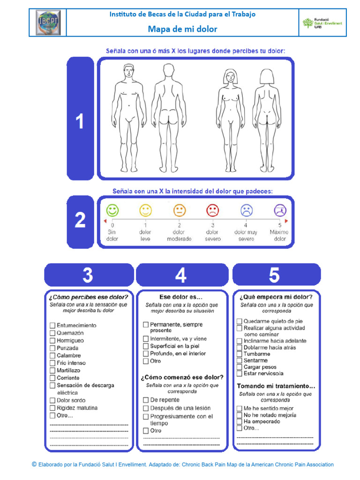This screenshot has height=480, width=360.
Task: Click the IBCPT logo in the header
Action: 48,22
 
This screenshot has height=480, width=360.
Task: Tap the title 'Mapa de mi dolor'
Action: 182,29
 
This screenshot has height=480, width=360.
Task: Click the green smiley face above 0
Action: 112,210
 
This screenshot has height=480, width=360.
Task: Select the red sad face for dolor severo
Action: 212,210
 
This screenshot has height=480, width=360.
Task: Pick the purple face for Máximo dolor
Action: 280,210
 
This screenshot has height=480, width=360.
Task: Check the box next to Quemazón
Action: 52,333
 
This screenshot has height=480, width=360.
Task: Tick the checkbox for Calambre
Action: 52,355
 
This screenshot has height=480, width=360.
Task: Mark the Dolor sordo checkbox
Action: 52,400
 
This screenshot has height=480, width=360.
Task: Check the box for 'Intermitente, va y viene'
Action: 146,338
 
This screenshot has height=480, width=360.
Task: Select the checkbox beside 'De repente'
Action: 146,400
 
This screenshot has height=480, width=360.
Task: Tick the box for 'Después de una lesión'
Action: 146,408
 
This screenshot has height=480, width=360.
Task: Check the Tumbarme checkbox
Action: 240,354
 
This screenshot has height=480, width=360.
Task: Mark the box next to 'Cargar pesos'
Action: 240,367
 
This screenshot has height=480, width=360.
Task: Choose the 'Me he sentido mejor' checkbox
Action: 240,408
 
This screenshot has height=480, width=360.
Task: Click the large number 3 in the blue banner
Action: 88,275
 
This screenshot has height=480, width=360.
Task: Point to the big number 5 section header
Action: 274,275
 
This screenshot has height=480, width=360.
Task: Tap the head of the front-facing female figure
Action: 230,76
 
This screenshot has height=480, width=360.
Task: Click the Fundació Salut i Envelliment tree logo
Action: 307,22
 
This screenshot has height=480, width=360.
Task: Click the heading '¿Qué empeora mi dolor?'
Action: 276,297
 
